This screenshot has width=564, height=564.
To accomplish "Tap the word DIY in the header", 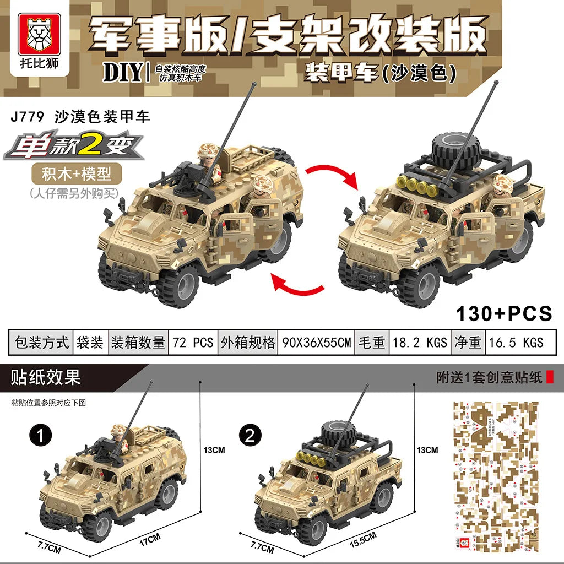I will click(123, 73).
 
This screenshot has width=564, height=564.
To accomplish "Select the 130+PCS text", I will click(503, 313).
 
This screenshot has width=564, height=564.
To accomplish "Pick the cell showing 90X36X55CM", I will click(316, 343).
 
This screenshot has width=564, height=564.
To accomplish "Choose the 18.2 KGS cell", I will click(419, 343).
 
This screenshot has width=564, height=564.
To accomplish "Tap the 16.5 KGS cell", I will click(516, 343).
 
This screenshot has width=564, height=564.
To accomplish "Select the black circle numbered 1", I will click(41, 436).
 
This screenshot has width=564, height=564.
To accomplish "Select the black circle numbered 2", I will click(250, 436).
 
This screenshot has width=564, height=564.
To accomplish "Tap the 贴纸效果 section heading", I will click(46, 377).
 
